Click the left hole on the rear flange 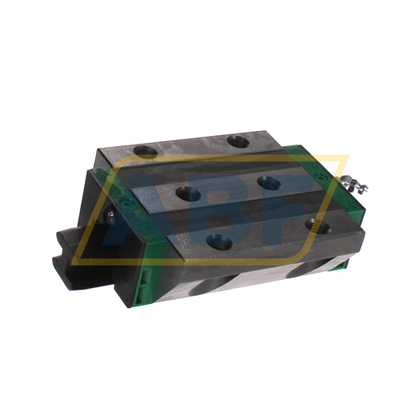(x=146, y=152)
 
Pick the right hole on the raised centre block (x=268, y=183)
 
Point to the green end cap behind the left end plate (x=122, y=180)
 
